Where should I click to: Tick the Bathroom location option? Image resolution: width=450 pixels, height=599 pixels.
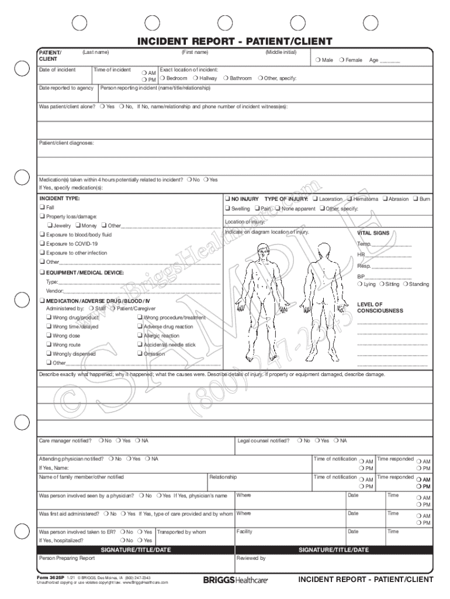tap(226, 78)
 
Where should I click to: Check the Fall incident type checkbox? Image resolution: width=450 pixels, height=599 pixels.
tap(42, 208)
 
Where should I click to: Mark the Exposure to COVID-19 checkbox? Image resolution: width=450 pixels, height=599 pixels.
tap(42, 243)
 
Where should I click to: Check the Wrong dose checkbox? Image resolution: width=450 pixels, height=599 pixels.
tap(49, 336)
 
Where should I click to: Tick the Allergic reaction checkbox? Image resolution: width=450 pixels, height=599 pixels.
tap(140, 336)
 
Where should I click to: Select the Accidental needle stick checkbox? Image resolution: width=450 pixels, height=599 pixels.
tap(140, 345)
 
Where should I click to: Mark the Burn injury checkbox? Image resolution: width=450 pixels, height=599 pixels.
tap(415, 199)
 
